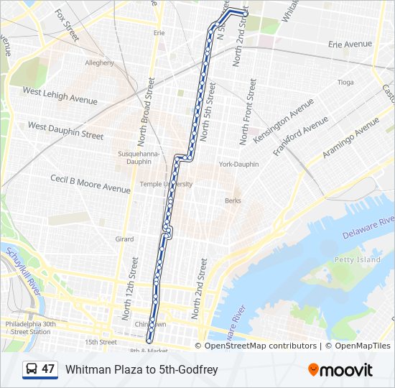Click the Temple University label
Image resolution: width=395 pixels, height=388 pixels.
pos(166,184)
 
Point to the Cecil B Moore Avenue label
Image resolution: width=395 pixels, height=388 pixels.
pos(90,183)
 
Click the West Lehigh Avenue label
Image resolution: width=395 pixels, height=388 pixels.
pos(60,96)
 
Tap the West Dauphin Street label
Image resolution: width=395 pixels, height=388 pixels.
pos(65,130)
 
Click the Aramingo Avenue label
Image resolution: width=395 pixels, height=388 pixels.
pos(350,138)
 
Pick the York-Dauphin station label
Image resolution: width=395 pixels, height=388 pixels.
pos(238,165)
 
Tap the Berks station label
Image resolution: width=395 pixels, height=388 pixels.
pos(233,200)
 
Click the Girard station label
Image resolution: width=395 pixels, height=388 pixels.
pos(124,239)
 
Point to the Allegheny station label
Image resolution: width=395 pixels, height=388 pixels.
pos(100,63)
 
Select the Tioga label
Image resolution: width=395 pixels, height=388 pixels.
pos(345,83)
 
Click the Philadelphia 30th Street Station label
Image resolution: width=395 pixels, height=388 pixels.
pos(28,328)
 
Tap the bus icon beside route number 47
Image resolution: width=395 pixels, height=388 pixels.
pos(32,369)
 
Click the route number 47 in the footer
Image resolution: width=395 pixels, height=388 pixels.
pos(48,369)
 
